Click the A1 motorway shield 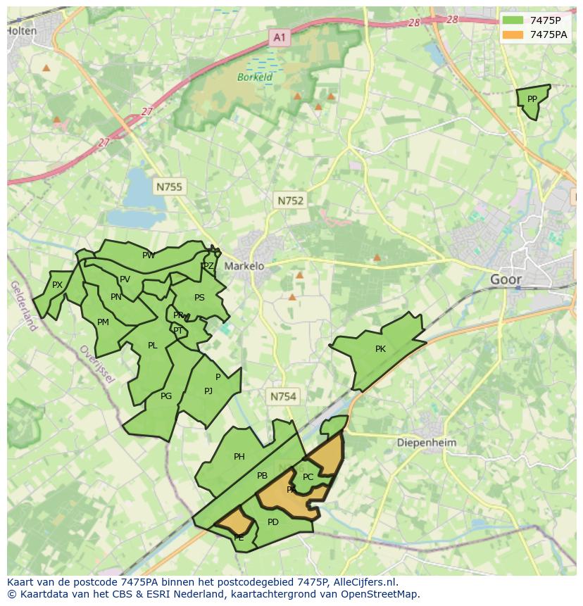(280, 37)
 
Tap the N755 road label (168, 187)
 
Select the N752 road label (290, 201)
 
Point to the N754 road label (283, 397)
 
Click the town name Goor (506, 279)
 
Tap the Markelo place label (244, 266)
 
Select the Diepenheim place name (427, 443)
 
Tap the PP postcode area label (532, 99)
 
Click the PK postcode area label (380, 348)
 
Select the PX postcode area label (58, 285)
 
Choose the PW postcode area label (149, 255)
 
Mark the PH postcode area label (239, 457)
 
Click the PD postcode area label (273, 522)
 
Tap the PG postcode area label (166, 396)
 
